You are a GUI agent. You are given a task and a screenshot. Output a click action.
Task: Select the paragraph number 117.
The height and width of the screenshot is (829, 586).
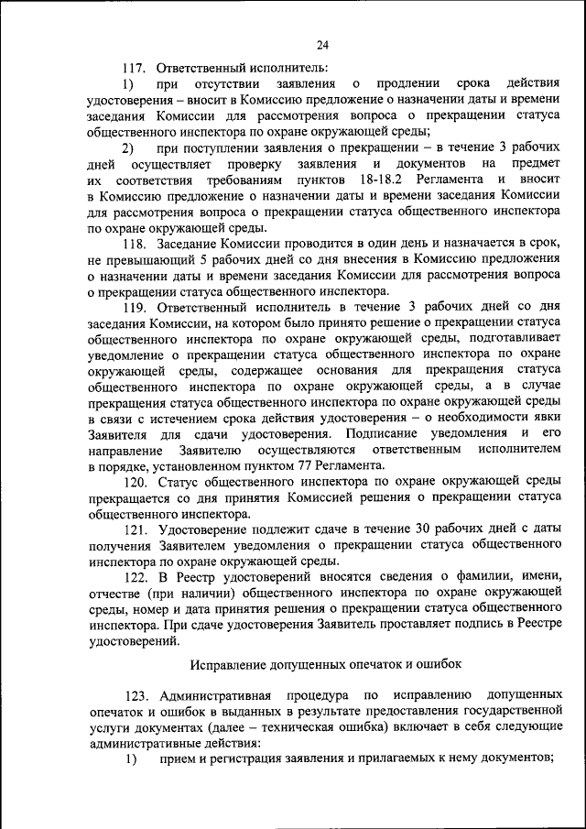point(135,68)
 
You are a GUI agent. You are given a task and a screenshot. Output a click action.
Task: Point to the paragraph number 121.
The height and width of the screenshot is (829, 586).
point(136,529)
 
